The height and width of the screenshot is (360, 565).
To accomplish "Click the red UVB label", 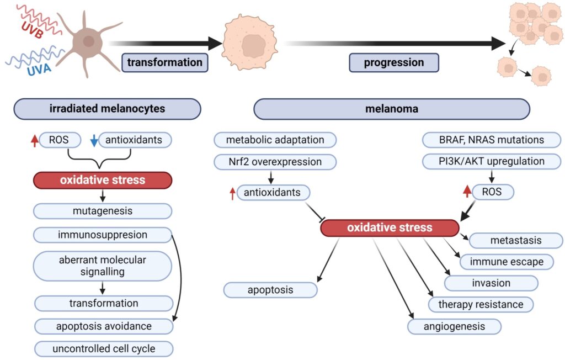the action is [x=33, y=29].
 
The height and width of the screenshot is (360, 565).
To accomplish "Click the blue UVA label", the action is [x=39, y=69].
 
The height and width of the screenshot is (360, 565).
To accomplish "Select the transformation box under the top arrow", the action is [x=164, y=62].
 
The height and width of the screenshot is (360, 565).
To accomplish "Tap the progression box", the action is [x=394, y=62].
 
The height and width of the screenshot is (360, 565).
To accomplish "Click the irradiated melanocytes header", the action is [x=107, y=109].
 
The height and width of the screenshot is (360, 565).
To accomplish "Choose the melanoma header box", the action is [x=392, y=109].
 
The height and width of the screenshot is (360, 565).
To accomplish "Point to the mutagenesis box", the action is [x=103, y=211].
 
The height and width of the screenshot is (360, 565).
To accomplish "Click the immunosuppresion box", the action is [x=103, y=235].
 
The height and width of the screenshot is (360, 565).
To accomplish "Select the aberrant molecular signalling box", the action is [x=103, y=266].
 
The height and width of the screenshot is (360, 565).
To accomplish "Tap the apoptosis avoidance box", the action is [x=104, y=326].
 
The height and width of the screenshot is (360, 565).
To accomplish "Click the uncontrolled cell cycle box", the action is [x=104, y=349].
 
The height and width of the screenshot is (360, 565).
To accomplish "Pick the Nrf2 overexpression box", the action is [x=275, y=162].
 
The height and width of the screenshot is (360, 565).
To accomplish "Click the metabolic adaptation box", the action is [x=275, y=140].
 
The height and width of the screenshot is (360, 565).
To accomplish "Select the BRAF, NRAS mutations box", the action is [x=492, y=140].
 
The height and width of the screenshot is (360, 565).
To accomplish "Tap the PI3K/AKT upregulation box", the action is [x=492, y=161].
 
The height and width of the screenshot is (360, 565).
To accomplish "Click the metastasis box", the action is [x=516, y=241].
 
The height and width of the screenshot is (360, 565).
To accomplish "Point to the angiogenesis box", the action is [x=455, y=327].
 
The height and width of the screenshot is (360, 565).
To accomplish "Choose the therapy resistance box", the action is [x=481, y=304].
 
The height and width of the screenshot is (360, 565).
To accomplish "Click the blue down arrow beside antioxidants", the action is [x=94, y=140].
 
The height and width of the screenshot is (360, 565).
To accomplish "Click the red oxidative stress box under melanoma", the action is [x=390, y=228].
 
